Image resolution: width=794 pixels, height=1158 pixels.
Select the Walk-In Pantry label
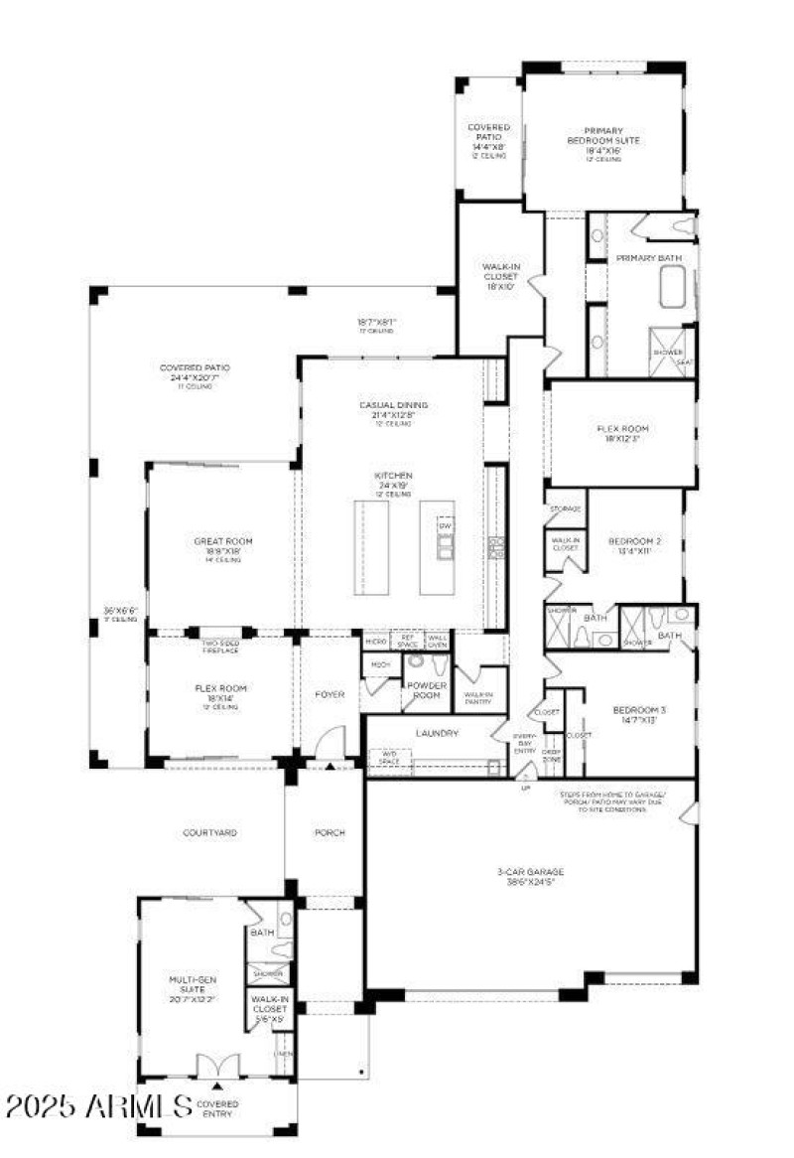click(x=478, y=698)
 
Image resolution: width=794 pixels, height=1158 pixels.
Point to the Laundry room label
click(x=437, y=733)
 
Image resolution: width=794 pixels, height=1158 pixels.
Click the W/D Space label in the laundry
click(x=389, y=758)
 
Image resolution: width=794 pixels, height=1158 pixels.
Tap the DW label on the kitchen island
click(x=445, y=525)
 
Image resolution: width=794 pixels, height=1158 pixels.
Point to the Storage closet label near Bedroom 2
click(x=565, y=508)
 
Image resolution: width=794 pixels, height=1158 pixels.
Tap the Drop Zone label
click(x=552, y=756)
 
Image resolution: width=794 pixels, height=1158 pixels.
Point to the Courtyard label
click(x=209, y=832)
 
